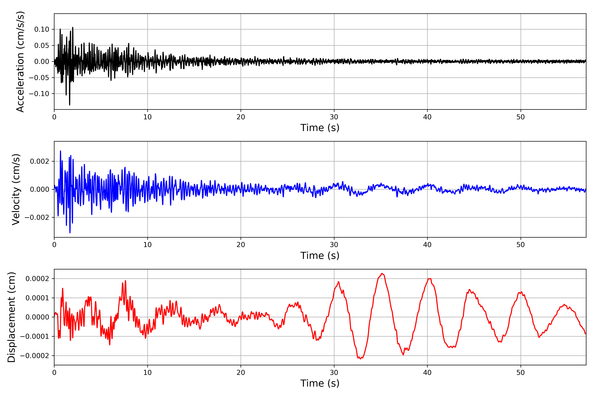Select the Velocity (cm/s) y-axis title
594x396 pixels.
[x=16, y=189]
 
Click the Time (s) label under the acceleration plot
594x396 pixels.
[x=320, y=128]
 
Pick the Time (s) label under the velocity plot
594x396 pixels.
[x=320, y=256]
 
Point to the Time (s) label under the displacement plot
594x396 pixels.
[x=320, y=383]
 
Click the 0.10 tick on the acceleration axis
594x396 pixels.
[x=42, y=30]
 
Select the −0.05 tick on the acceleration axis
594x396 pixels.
[x=39, y=78]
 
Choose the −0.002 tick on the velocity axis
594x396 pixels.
[x=37, y=217]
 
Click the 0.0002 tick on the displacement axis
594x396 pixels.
[x=37, y=279]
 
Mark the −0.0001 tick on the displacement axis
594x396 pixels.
[x=35, y=336]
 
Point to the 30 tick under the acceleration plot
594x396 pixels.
[x=334, y=117]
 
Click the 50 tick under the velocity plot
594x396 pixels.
[x=521, y=245]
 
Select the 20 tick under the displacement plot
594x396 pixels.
[x=241, y=373]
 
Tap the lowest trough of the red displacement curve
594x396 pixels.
[x=360, y=359]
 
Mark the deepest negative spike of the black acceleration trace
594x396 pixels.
[x=70, y=105]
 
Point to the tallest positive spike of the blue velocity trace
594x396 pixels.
[x=60, y=151]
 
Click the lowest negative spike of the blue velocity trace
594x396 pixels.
[x=70, y=233]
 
